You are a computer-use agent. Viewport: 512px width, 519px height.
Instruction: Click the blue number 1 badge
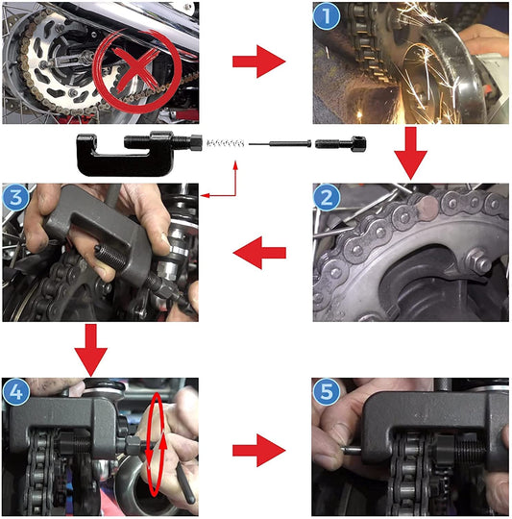tap(327, 15)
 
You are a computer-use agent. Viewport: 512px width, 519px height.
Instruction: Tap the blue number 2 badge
tap(327, 198)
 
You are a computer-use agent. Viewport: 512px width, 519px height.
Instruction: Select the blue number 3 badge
tap(15, 198)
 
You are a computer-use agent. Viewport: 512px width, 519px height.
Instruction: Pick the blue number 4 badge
tap(15, 392)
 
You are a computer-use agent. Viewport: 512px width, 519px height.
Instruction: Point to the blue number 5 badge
tap(327, 392)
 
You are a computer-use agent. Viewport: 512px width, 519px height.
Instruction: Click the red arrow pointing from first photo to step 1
tap(259, 62)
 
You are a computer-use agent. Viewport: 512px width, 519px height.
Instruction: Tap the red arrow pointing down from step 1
tap(410, 153)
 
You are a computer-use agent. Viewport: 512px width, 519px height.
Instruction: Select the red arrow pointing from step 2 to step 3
tap(259, 253)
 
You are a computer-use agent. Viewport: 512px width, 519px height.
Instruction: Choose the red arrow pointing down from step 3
tap(91, 350)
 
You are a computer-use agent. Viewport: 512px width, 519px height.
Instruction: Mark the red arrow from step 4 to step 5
tap(259, 451)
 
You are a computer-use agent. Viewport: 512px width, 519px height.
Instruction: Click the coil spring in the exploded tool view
tap(225, 143)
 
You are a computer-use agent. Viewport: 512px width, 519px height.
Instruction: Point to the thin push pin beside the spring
tap(280, 143)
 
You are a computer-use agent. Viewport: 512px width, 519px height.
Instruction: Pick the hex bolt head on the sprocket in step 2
tap(478, 260)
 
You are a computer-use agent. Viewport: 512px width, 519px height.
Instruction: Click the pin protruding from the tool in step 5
tap(352, 450)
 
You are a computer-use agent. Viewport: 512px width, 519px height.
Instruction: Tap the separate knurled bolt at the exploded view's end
tap(340, 144)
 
